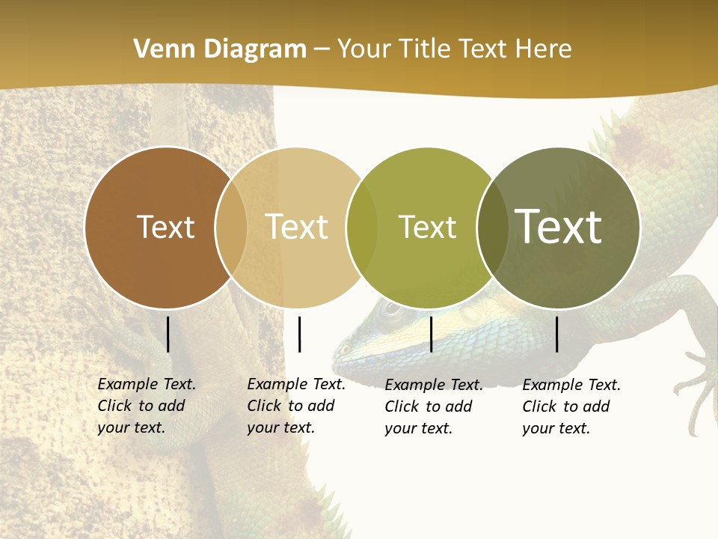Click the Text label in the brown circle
(x=166, y=227)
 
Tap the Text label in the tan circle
(x=297, y=227)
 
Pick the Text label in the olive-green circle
(x=427, y=227)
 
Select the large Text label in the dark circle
(x=559, y=226)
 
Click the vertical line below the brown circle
(x=168, y=334)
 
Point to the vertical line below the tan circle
(x=299, y=334)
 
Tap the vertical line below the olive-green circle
(x=431, y=334)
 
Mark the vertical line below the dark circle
(x=557, y=334)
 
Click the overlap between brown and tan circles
(x=231, y=228)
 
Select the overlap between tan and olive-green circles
(x=362, y=228)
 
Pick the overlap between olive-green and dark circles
(x=493, y=228)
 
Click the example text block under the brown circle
(x=147, y=406)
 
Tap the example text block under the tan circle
(x=296, y=406)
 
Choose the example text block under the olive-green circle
(x=434, y=406)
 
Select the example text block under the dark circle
(x=571, y=406)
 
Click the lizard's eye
(x=389, y=308)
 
